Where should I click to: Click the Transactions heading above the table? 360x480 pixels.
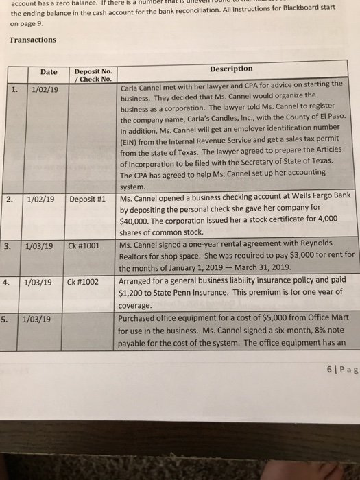(x=33, y=39)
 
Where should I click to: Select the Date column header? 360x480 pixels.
(x=49, y=71)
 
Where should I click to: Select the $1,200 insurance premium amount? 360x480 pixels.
(x=133, y=293)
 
